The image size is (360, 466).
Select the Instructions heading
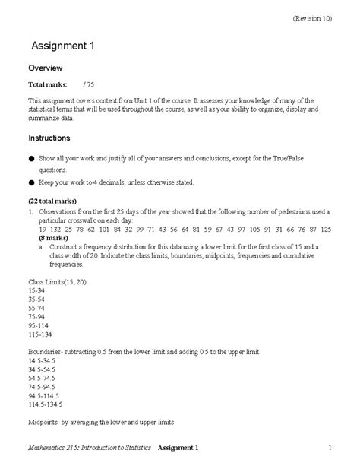click(49, 138)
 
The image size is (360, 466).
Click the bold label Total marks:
click(48, 84)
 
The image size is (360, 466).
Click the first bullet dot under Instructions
click(31, 159)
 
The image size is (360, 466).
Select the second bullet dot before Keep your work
click(31, 182)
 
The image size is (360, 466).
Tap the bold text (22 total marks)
click(53, 202)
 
